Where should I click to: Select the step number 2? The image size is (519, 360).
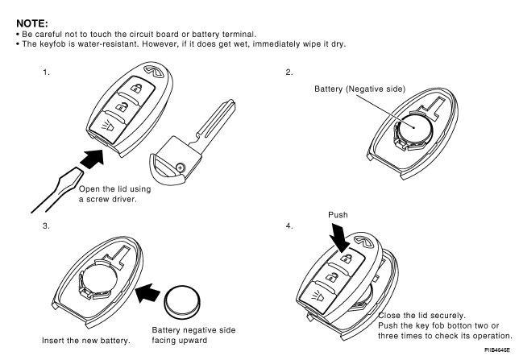(x=289, y=72)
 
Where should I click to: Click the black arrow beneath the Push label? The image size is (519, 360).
(x=340, y=240)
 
